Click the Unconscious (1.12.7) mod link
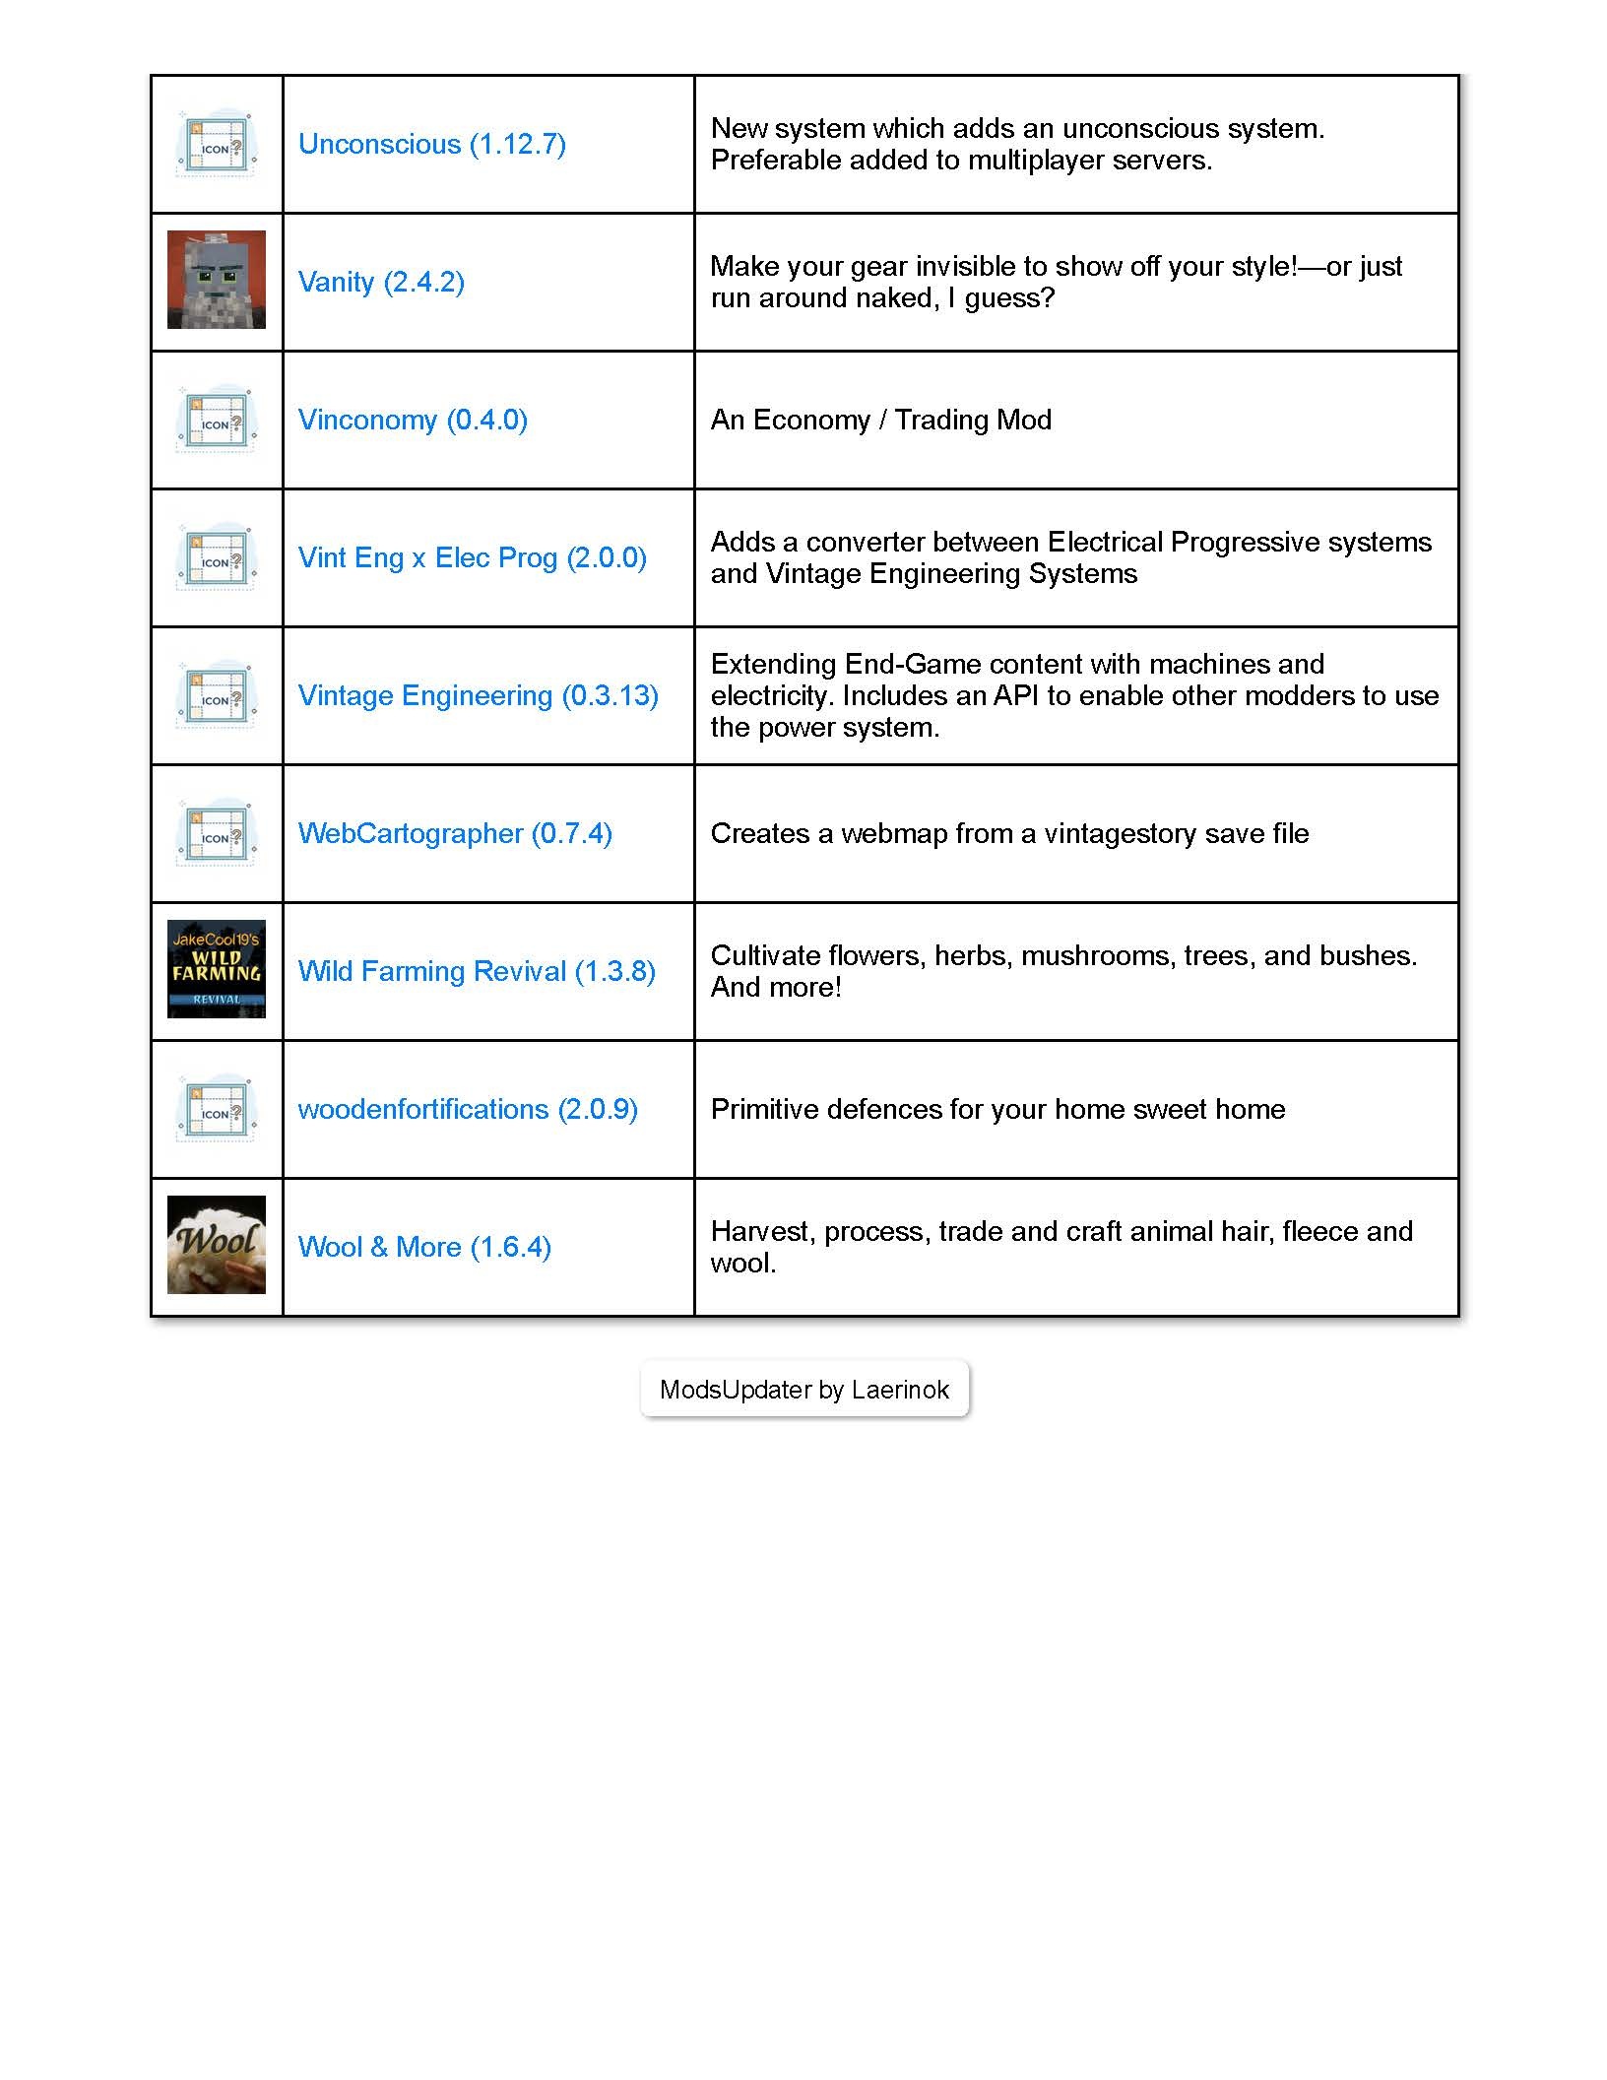[x=431, y=144]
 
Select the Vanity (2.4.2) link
[x=381, y=282]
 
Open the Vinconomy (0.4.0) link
[x=413, y=420]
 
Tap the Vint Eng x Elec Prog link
[x=472, y=557]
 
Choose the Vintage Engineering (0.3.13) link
[x=478, y=695]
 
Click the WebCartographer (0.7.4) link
[x=455, y=833]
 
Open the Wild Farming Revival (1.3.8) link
[x=477, y=971]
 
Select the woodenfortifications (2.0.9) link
[x=468, y=1109]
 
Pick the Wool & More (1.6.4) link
[x=424, y=1247]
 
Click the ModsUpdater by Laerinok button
[x=804, y=1390]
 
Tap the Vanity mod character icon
[x=217, y=280]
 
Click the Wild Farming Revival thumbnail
[x=217, y=969]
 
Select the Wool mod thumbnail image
[x=217, y=1245]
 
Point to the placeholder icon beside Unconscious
[x=217, y=144]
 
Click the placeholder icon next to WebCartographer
[x=217, y=833]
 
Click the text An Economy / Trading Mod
[x=880, y=420]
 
